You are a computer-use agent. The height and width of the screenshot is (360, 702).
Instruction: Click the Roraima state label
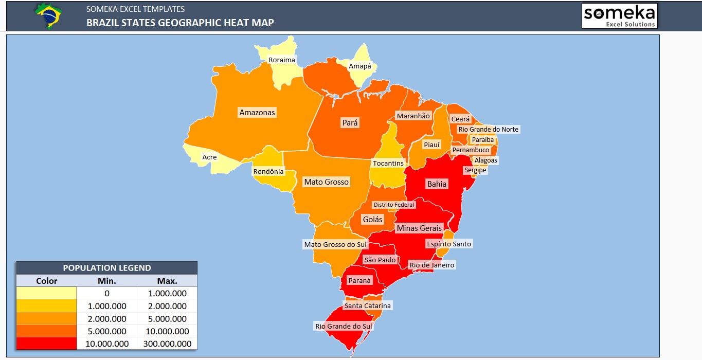click(282, 60)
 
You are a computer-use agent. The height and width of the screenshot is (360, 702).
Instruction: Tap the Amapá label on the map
click(360, 66)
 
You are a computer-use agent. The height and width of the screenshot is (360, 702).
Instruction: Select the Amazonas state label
click(257, 112)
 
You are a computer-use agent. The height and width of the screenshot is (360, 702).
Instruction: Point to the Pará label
click(350, 123)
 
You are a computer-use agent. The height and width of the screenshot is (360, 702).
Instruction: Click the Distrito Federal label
click(393, 205)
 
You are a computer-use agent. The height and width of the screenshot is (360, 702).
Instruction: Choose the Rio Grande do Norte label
click(489, 129)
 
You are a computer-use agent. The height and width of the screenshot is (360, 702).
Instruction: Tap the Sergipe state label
click(475, 170)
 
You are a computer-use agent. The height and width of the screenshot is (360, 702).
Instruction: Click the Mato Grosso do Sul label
click(335, 244)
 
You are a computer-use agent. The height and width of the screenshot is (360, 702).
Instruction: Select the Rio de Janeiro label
click(431, 265)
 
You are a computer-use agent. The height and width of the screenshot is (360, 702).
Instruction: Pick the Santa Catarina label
click(367, 305)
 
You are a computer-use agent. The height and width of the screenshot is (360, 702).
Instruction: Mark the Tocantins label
click(388, 163)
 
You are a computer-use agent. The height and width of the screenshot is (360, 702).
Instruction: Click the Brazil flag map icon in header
click(49, 15)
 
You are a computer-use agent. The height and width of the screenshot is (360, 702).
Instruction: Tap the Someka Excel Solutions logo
click(619, 16)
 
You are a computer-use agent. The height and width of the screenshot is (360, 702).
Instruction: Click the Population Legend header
click(107, 268)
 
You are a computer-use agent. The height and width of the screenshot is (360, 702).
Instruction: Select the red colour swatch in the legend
click(46, 344)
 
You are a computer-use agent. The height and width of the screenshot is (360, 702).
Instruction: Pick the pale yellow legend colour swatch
click(46, 293)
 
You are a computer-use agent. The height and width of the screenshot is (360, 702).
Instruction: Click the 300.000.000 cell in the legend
click(167, 344)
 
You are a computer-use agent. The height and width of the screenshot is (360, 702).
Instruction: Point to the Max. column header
click(167, 281)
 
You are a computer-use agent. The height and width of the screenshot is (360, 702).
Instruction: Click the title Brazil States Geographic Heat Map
click(180, 23)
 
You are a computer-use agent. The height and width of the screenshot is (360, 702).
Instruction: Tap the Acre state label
click(209, 157)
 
